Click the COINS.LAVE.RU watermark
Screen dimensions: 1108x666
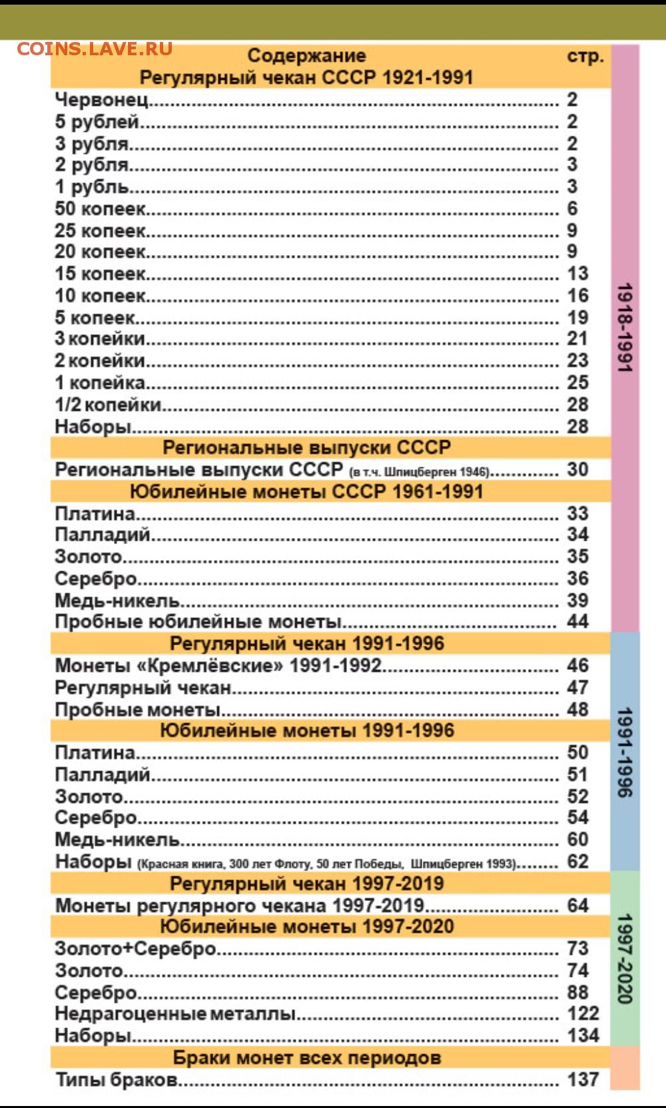tap(95, 49)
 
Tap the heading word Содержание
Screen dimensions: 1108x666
tap(306, 56)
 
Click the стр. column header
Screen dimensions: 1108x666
tap(585, 56)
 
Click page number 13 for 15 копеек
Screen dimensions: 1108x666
tap(577, 274)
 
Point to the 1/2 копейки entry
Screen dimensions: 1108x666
tap(108, 404)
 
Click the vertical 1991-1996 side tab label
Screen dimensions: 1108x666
tap(625, 752)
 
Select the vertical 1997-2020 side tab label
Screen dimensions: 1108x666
tap(625, 958)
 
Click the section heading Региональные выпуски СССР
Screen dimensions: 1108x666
tap(306, 447)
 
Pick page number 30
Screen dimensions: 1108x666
tap(577, 469)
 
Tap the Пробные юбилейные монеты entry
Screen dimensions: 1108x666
tap(198, 622)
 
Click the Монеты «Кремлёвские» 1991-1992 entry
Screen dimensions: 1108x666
tap(218, 665)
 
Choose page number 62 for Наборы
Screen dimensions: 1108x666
tap(577, 862)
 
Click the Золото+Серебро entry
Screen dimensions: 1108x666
tap(135, 948)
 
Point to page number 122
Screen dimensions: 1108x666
tap(583, 1013)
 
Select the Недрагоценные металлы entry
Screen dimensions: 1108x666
tap(175, 1013)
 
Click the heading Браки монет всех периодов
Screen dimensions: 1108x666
tap(306, 1057)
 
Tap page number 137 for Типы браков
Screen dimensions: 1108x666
tap(583, 1079)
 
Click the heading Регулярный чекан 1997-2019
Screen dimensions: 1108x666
tap(306, 884)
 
